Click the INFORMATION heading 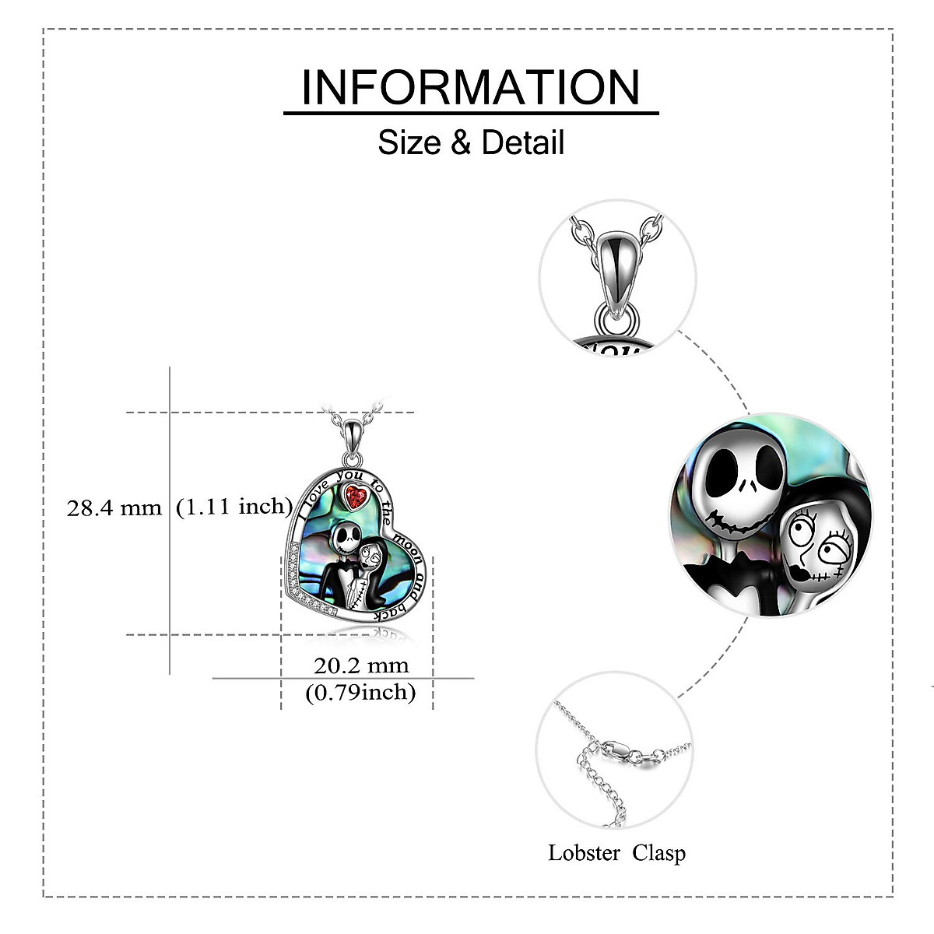coord(471,87)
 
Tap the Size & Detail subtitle coord(471,143)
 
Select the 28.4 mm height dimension coord(114,508)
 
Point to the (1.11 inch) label coord(233,507)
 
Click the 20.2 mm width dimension coord(361,665)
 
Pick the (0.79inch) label coord(360,691)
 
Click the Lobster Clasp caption coord(616,853)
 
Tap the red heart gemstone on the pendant coord(357,497)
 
